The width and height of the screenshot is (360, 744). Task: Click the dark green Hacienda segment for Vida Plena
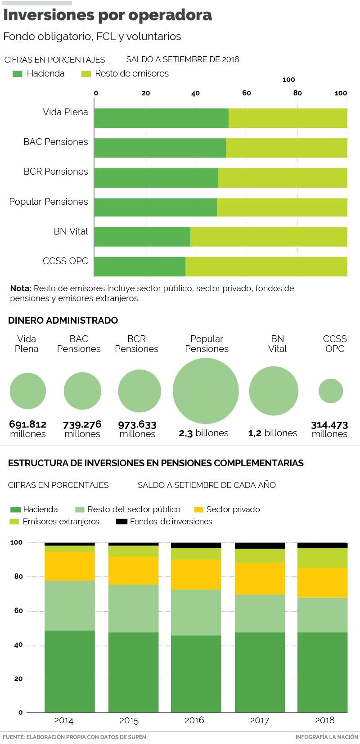161,118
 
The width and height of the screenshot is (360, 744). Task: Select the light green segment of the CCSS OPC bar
266,266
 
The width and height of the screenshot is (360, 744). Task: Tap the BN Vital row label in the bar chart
71,231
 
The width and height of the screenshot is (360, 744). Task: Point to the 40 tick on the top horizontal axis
195,93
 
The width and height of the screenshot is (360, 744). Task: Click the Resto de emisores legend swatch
86,74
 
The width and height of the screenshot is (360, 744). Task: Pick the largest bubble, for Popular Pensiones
206,391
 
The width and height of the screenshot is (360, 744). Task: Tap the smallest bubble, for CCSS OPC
331,391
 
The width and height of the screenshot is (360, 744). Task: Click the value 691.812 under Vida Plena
28,424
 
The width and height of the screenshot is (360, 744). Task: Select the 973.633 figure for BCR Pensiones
137,424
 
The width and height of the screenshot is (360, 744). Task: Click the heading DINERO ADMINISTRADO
63,320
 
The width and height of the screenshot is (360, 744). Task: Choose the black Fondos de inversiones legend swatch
121,522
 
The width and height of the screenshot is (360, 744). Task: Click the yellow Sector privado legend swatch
199,510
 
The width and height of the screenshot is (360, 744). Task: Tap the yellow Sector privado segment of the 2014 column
70,566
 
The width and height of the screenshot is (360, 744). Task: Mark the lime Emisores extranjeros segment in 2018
322,557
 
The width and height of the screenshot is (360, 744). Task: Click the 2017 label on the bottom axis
260,721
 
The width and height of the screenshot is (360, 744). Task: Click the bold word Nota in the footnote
21,289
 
